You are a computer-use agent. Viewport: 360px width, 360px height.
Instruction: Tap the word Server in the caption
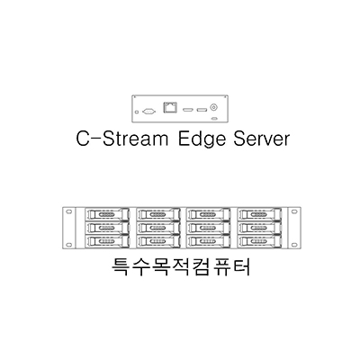[x=261, y=139]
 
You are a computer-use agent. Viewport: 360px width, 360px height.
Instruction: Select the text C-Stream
[x=122, y=139]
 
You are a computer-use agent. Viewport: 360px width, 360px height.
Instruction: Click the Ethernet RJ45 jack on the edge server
[x=170, y=107]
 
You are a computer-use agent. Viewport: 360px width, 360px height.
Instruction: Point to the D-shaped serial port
[x=149, y=112]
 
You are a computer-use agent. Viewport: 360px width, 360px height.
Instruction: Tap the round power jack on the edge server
[x=214, y=107]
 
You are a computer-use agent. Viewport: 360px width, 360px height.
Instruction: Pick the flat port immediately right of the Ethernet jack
[x=188, y=110]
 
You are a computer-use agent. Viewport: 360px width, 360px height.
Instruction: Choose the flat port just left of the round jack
[x=202, y=110]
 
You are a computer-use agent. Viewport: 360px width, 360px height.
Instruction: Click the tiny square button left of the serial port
[x=138, y=112]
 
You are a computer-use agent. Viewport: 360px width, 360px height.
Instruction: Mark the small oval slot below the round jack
[x=214, y=118]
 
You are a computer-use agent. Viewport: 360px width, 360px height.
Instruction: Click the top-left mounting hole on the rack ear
[x=69, y=211]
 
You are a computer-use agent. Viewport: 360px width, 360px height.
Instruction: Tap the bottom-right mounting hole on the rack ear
[x=294, y=244]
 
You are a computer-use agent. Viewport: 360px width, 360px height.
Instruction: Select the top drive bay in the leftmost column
[x=108, y=215]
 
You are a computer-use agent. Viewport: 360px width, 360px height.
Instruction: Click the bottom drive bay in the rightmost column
[x=261, y=241]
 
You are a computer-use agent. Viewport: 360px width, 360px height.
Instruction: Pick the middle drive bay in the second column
[x=158, y=228]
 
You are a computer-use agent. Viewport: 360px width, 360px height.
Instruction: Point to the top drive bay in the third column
[x=210, y=215]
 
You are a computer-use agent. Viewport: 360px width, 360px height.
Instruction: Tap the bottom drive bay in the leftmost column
[x=108, y=241]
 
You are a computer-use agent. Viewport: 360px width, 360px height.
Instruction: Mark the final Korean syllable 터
[x=240, y=266]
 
